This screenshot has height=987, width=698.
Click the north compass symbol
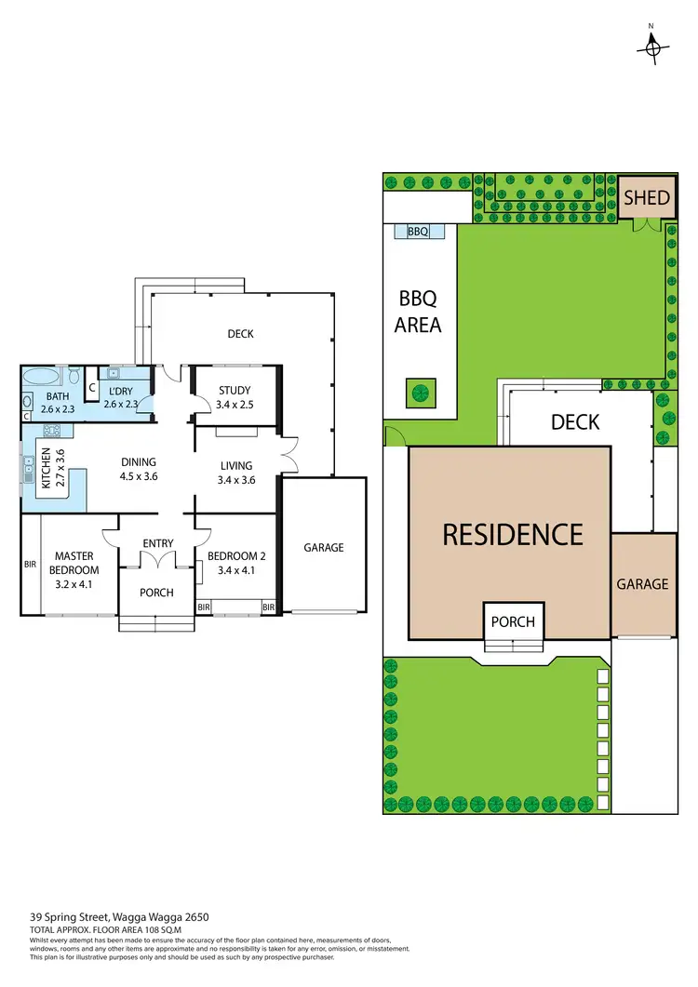click(x=654, y=46)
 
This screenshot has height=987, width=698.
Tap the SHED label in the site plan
click(x=646, y=197)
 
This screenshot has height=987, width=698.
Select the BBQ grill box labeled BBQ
click(x=418, y=232)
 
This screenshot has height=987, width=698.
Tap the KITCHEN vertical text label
click(x=47, y=468)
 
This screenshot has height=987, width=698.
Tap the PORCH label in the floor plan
click(x=156, y=592)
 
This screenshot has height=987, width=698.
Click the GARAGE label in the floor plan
click(x=323, y=548)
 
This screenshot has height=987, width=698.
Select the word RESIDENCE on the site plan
click(x=512, y=534)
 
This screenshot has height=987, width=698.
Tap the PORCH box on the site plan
click(x=514, y=621)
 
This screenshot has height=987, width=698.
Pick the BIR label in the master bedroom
click(x=30, y=564)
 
